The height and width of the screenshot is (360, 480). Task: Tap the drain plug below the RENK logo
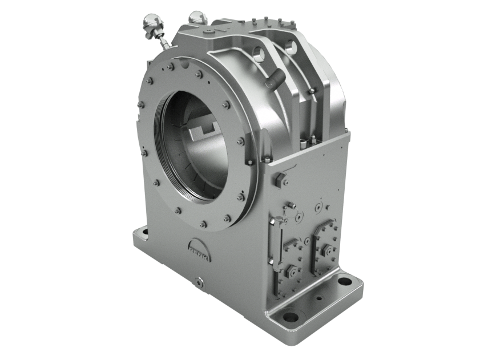[x=199, y=282]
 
